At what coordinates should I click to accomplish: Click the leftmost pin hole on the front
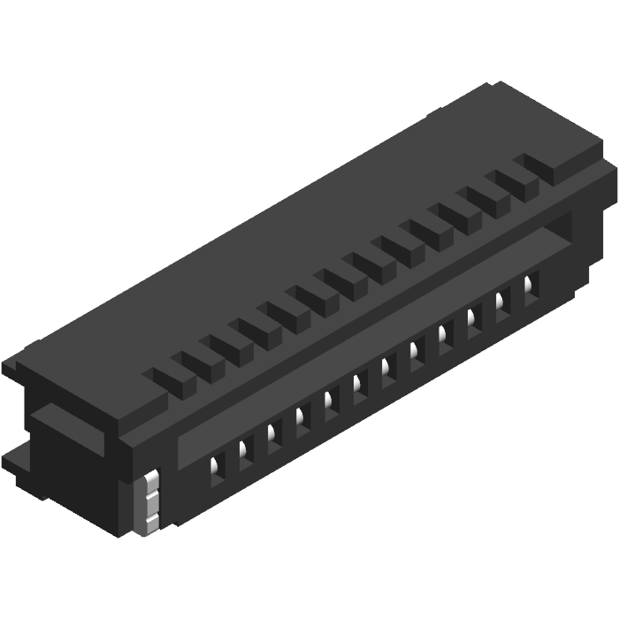pos(215,469)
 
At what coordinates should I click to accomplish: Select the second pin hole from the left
pos(244,453)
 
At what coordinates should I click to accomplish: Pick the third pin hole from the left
pos(273,436)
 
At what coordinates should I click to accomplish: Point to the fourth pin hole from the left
pos(302,419)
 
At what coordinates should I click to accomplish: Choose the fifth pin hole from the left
pos(331,402)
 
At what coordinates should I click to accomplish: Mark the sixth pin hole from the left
pos(359,386)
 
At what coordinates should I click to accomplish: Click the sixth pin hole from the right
pos(387,370)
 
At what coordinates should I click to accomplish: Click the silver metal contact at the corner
pos(151,504)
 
